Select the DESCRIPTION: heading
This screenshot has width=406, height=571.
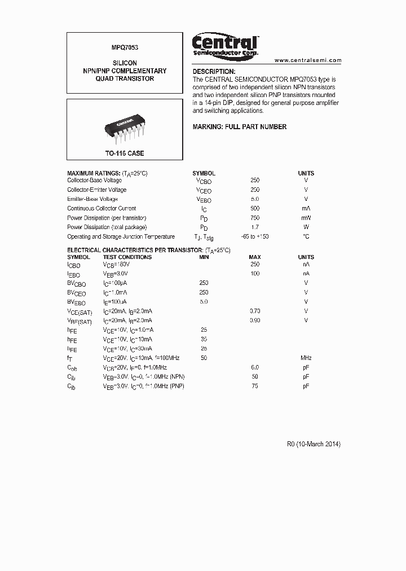214,72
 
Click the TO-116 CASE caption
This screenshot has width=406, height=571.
125,153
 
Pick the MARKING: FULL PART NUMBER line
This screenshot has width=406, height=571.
240,127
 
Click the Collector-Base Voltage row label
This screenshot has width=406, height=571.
94,181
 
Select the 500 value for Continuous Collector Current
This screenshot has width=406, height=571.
255,209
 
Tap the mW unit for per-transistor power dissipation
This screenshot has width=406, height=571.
306,218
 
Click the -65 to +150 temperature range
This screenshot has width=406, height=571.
254,237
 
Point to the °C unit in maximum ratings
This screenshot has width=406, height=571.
306,237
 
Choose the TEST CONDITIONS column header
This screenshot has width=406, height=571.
127,257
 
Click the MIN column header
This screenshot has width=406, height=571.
204,257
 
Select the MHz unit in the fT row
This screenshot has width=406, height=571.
306,358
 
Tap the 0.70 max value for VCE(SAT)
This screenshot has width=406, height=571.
255,311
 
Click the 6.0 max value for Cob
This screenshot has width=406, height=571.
255,367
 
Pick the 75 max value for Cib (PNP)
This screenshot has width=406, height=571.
255,386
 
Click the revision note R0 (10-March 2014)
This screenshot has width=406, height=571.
314,444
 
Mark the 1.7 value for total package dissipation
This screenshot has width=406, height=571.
255,227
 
